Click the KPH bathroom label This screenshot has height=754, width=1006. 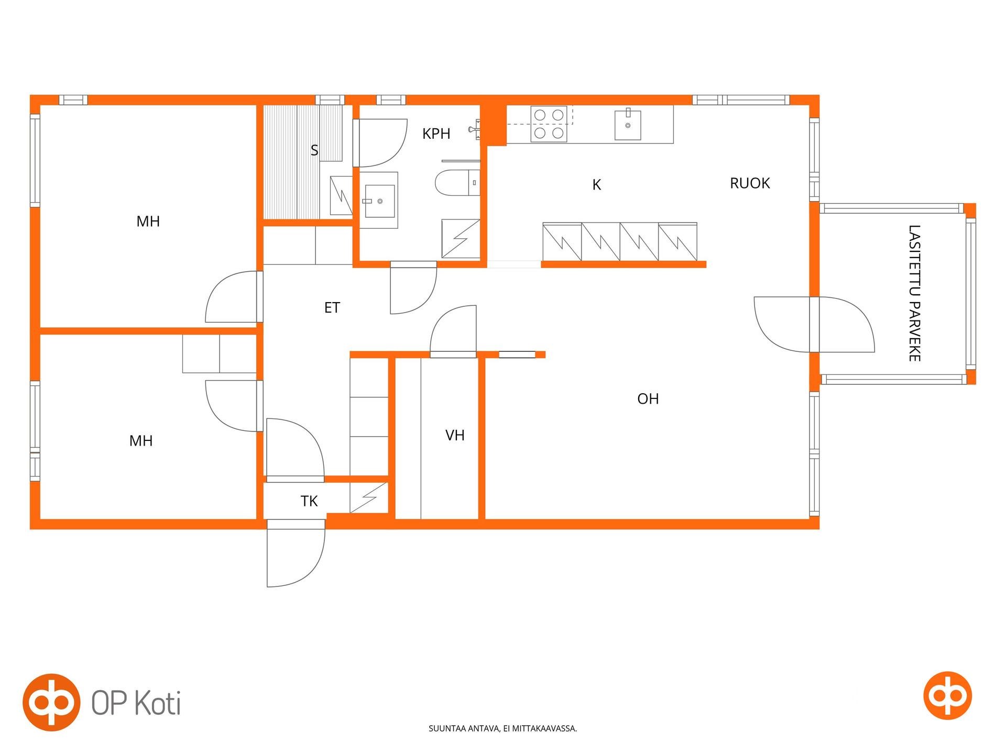(x=436, y=134)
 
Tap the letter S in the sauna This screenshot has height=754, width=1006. (x=314, y=150)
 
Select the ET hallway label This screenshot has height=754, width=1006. (x=332, y=307)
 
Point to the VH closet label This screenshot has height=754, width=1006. (x=455, y=435)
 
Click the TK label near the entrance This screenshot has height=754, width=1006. (x=309, y=501)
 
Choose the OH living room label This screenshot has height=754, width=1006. (x=648, y=399)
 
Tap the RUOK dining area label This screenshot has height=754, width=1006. (x=750, y=183)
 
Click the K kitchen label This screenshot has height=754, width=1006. (x=596, y=185)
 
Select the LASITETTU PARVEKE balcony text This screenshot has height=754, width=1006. (x=914, y=293)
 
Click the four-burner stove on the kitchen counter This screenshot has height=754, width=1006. (x=549, y=124)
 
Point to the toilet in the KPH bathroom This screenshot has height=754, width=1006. (x=457, y=183)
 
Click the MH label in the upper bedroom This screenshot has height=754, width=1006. (x=148, y=221)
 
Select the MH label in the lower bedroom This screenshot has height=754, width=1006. (x=141, y=441)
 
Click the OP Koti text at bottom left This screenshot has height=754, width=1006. (x=136, y=703)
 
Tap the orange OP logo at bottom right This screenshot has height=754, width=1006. (x=947, y=695)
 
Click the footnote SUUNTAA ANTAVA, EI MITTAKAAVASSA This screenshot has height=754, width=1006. (x=502, y=728)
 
